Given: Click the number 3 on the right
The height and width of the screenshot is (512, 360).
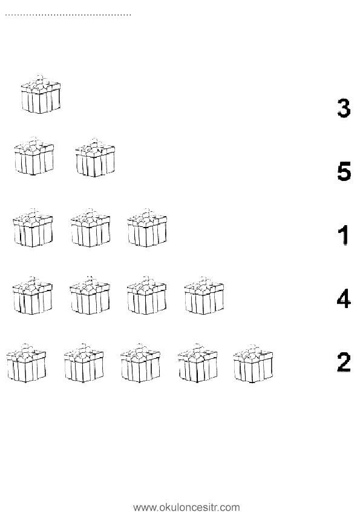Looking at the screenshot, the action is click(x=344, y=108).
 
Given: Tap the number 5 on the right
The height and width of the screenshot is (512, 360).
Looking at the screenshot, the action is click(x=344, y=171).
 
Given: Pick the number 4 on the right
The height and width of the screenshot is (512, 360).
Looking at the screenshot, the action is click(x=344, y=298).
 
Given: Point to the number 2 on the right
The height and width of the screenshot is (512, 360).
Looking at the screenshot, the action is click(x=344, y=362).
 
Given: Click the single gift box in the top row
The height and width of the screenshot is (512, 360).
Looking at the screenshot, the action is click(x=41, y=94).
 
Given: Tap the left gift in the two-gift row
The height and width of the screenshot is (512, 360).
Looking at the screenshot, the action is click(x=34, y=156).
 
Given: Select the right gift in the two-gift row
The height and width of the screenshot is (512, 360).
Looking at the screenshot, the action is click(x=95, y=157).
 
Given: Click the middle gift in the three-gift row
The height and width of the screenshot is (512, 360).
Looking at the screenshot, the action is click(x=90, y=228).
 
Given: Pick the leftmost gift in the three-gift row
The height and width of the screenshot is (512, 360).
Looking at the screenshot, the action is click(x=33, y=228).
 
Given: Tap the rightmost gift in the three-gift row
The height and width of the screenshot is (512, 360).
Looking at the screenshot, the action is click(x=147, y=228).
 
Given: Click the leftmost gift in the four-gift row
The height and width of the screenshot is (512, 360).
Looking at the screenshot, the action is click(x=33, y=295).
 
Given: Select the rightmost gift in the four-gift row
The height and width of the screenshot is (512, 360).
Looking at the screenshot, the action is click(x=205, y=295).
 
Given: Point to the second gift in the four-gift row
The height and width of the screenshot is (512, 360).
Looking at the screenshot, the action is click(x=90, y=295).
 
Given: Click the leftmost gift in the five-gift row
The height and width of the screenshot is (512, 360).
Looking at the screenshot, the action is click(x=27, y=363).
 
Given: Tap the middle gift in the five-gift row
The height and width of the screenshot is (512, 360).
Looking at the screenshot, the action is click(x=140, y=363).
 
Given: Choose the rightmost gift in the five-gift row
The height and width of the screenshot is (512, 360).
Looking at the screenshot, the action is click(x=254, y=364).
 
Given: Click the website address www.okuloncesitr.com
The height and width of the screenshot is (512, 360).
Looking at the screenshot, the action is click(x=186, y=507).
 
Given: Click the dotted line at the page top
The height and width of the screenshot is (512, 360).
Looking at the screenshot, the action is click(x=68, y=15).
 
